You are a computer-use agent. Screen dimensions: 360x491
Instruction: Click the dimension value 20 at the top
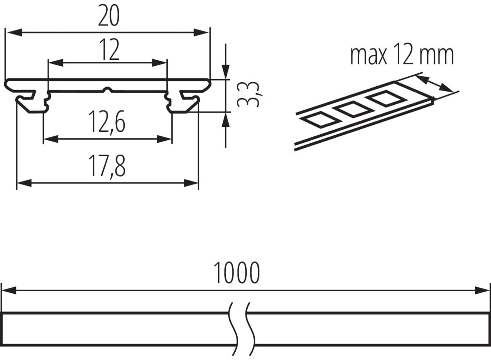pos(108,17)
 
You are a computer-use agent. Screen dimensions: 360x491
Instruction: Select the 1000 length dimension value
pos(237,274)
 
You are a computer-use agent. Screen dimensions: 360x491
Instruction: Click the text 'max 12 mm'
pos(402,56)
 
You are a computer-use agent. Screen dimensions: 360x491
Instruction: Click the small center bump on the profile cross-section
pos(108,90)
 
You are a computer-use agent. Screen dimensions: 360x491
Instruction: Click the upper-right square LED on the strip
pos(385,99)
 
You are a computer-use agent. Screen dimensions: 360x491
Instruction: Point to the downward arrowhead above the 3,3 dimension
pos(225,72)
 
